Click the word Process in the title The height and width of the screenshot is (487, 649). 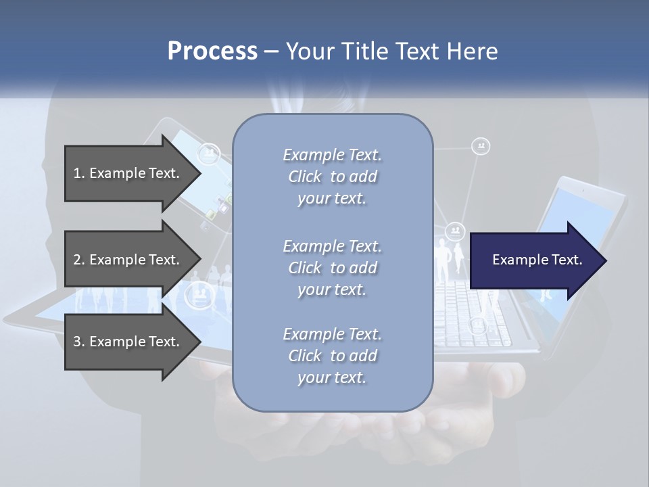(212, 51)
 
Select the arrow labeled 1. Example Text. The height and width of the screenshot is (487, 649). (128, 173)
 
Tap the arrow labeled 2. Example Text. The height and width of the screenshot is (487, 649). (128, 260)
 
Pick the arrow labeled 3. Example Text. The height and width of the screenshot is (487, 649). (128, 342)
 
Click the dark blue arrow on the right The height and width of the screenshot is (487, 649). (534, 260)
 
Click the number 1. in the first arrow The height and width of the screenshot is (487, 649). (79, 173)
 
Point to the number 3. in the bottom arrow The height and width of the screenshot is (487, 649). (79, 342)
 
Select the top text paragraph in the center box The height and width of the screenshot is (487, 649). (332, 177)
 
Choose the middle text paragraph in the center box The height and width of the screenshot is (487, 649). (332, 268)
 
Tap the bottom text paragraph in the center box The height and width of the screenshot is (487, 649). (332, 356)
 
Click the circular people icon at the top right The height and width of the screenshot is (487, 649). (481, 146)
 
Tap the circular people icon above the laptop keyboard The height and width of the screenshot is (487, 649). (456, 231)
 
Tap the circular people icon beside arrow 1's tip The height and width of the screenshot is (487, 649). (210, 154)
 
